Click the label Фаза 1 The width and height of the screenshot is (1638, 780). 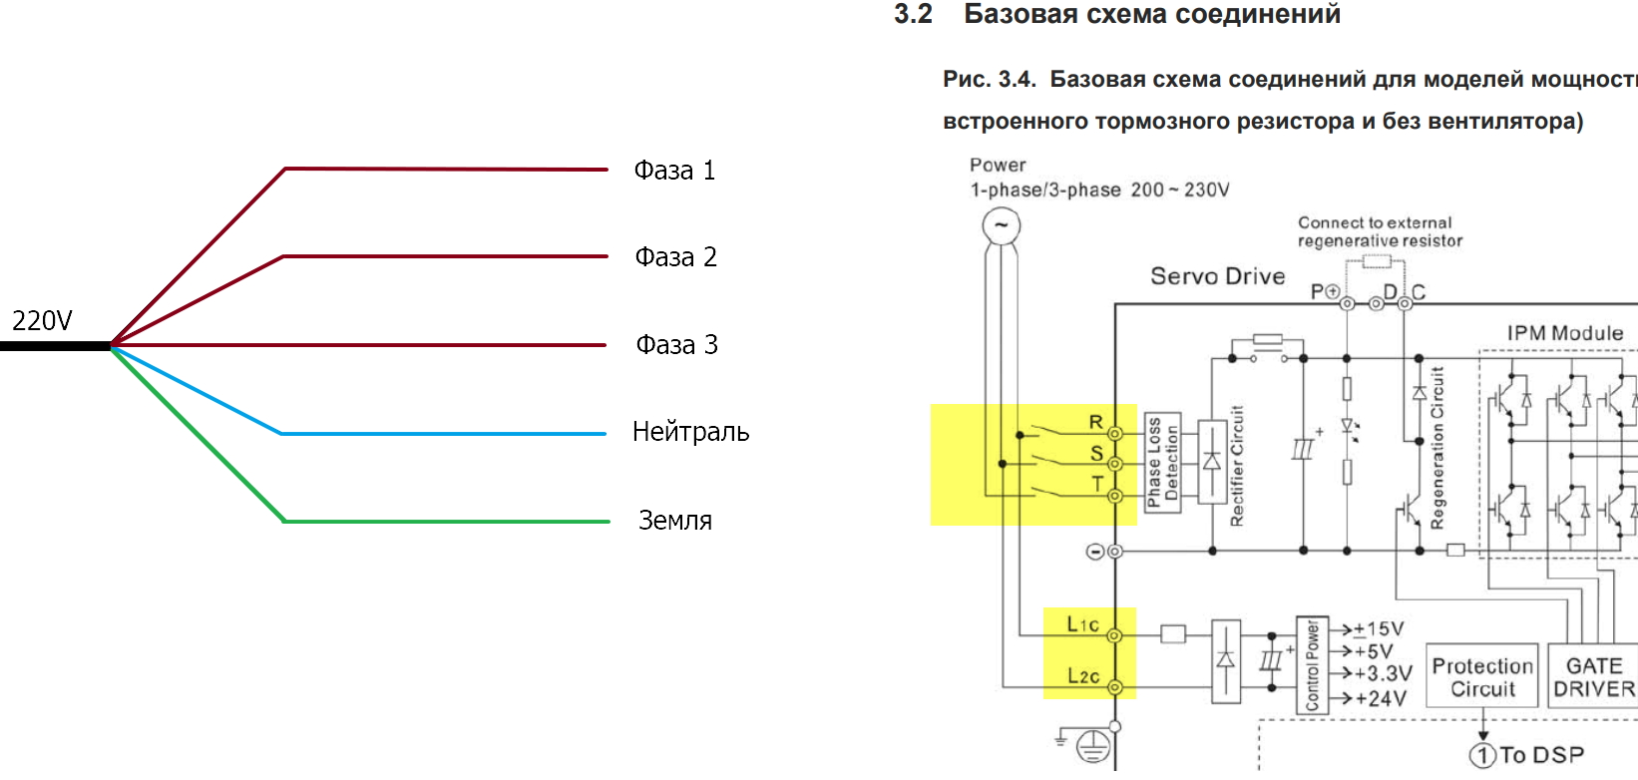point(674,171)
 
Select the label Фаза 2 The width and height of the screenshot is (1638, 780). point(675,257)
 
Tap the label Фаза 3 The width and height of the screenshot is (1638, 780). point(676,345)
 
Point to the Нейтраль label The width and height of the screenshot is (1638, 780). point(690,432)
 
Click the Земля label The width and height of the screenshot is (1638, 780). point(674,521)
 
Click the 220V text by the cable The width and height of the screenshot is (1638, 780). point(42,321)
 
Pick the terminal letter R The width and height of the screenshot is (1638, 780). point(1095,422)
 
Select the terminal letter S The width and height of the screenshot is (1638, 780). point(1096,453)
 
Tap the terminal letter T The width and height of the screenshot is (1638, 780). point(1097,484)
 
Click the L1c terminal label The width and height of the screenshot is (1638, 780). point(1082,624)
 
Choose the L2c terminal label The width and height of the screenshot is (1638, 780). point(1083,676)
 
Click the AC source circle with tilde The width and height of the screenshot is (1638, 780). point(1001,225)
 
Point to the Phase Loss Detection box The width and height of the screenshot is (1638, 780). point(1163,463)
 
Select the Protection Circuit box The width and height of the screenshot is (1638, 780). point(1482,676)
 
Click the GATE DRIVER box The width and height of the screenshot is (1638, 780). point(1593,676)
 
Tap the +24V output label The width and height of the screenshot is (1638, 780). point(1381,699)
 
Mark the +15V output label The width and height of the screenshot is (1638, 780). point(1379,629)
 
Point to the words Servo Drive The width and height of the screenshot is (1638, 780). point(1217,276)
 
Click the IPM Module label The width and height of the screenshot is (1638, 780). point(1564,333)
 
